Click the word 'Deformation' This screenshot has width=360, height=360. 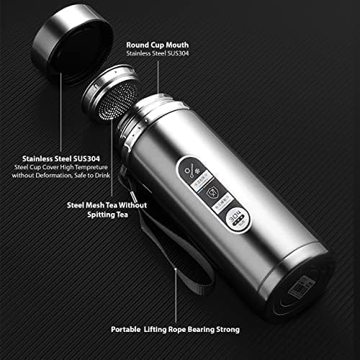59,175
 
